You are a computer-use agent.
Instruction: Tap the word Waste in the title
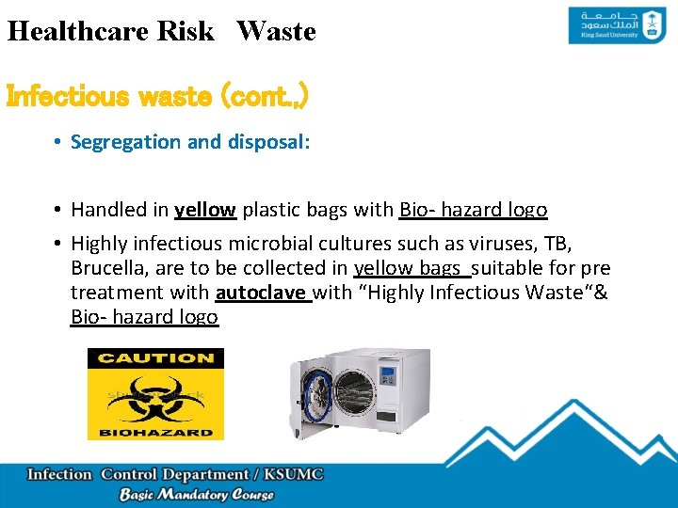pos(276,31)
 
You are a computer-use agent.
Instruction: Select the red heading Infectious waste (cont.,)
pos(157,97)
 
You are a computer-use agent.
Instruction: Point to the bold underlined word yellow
pos(205,209)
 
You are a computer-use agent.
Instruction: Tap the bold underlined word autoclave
pos(261,293)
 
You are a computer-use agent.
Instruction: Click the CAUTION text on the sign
pos(155,358)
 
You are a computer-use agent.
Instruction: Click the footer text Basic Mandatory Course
pos(196,495)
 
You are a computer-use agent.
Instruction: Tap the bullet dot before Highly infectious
pos(58,244)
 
